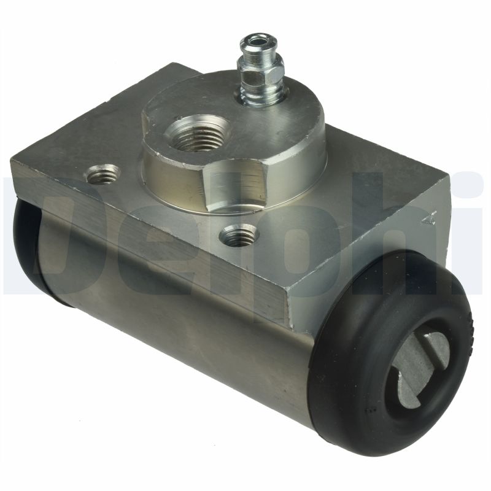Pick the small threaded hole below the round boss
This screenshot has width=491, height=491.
coord(238,235)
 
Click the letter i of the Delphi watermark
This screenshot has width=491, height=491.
coord(473,233)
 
